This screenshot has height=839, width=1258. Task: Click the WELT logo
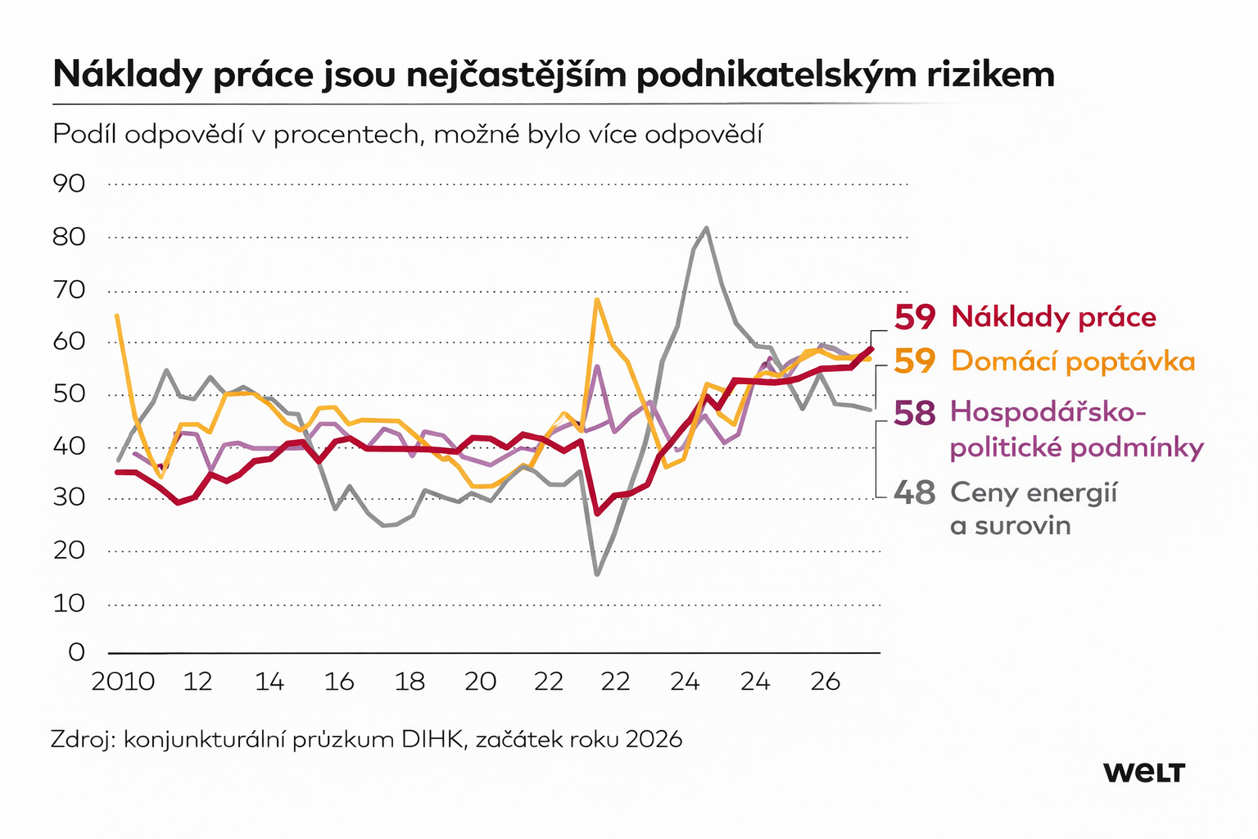1143,772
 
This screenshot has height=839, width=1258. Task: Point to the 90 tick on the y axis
70,184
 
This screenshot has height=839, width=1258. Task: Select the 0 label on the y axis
76,652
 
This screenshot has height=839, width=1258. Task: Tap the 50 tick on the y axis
70,393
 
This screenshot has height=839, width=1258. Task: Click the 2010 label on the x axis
123,682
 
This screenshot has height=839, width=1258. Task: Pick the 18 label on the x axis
410,682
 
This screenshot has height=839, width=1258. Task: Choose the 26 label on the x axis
826,682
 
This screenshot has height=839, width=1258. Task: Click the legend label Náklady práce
1053,317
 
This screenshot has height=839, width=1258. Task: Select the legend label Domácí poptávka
1073,361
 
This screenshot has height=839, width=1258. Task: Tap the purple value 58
914,413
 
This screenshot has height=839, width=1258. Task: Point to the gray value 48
914,493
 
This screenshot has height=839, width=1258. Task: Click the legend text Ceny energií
1034,493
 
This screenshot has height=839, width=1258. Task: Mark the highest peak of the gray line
706,229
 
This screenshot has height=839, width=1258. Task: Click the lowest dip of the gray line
597,574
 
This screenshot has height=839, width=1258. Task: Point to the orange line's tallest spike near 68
597,300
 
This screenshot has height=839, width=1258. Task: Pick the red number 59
914,317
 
